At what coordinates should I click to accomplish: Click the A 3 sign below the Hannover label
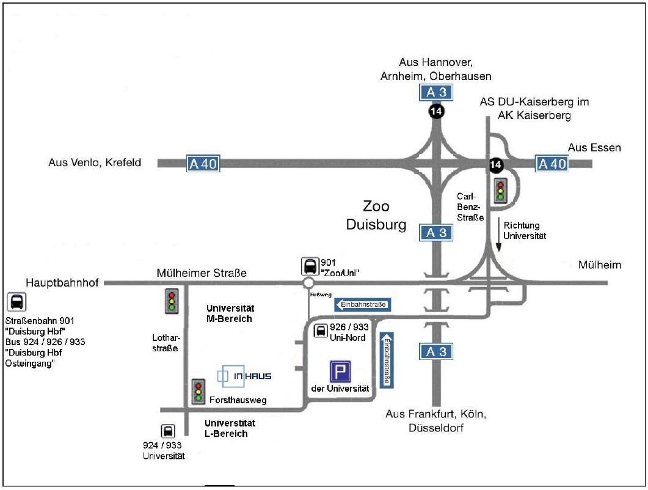point(437,93)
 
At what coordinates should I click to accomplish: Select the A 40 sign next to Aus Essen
point(552,164)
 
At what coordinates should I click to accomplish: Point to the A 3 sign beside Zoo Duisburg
point(437,233)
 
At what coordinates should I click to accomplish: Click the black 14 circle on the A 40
point(496,164)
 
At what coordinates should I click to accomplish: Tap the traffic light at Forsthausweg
point(198,391)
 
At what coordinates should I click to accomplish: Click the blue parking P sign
point(341,371)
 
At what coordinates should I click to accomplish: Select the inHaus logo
point(244,376)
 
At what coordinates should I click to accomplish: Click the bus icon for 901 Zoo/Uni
point(310,266)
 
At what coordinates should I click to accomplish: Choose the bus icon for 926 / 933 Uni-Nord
point(320,331)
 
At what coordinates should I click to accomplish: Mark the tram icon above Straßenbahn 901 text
point(17,301)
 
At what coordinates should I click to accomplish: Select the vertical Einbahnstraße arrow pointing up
point(386,360)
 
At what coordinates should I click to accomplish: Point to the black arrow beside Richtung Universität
point(499,235)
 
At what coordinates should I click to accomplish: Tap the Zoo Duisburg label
point(376,216)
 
